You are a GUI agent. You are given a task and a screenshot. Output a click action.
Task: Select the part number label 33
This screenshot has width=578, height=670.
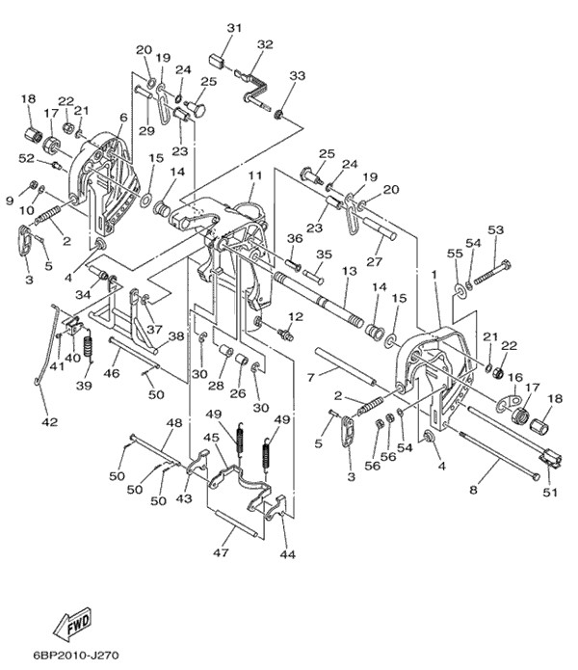pyautogui.click(x=297, y=76)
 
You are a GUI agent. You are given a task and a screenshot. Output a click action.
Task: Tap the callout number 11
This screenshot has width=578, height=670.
pyautogui.click(x=254, y=176)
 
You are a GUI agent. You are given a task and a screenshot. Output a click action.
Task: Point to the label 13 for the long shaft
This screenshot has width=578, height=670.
pyautogui.click(x=349, y=272)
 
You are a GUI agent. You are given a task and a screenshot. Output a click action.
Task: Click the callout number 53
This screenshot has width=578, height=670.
pyautogui.click(x=495, y=230)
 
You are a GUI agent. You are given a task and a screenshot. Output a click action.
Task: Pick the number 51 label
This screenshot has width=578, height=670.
pyautogui.click(x=550, y=494)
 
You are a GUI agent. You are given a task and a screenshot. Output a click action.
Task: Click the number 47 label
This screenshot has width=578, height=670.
pyautogui.click(x=221, y=553)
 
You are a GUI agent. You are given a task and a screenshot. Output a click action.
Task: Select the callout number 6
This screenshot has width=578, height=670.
pyautogui.click(x=123, y=118)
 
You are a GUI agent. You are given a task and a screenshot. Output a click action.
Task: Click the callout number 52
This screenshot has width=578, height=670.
pyautogui.click(x=27, y=158)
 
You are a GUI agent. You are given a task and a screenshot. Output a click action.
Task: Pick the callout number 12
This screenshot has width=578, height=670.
pyautogui.click(x=295, y=317)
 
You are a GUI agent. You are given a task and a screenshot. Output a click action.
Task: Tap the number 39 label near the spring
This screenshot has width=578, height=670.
pyautogui.click(x=85, y=386)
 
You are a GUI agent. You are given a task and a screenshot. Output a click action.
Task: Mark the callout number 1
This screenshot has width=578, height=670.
pyautogui.click(x=434, y=275)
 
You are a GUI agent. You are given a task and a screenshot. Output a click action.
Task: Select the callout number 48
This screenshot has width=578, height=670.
pyautogui.click(x=174, y=422)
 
